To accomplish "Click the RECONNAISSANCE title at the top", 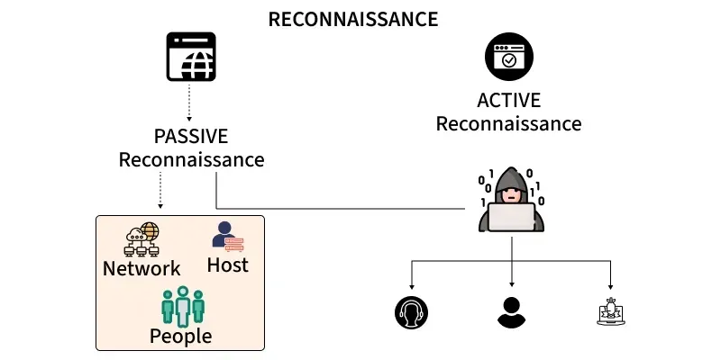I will [353, 19].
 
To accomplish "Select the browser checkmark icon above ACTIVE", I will [509, 59].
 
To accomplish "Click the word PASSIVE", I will [191, 137].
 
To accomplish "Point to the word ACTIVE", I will [508, 100].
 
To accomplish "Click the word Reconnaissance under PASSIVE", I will [191, 160].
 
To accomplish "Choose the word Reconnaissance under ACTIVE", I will [508, 123].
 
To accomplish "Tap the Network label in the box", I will [141, 268].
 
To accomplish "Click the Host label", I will [227, 265].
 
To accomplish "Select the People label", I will [181, 337].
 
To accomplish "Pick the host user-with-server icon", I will [228, 236].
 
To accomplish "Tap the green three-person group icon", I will [183, 306].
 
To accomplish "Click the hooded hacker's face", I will [511, 193].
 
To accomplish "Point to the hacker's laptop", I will [511, 217].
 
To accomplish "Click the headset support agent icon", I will [411, 311].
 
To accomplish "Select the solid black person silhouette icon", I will [511, 311].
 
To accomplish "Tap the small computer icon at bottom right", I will [611, 311].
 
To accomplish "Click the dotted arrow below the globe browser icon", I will [190, 103].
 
